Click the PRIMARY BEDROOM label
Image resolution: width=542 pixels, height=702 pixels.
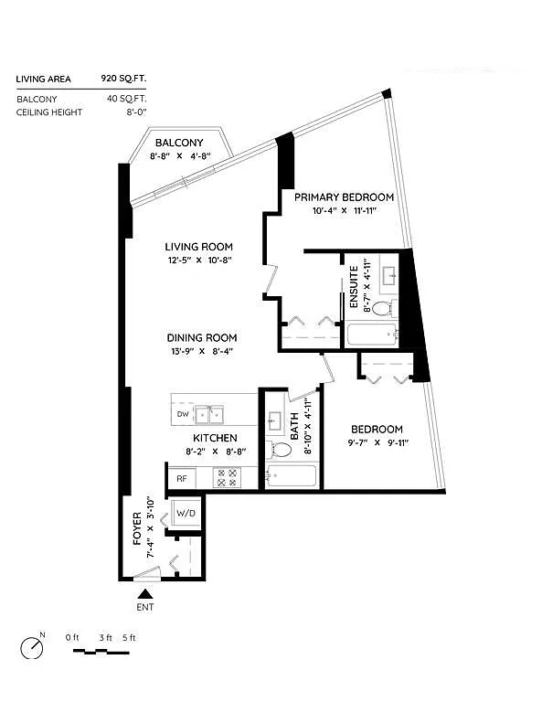click(x=344, y=197)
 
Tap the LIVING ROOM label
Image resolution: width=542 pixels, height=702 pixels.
click(x=199, y=246)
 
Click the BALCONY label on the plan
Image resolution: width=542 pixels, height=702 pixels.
click(x=179, y=143)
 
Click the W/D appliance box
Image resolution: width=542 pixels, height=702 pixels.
click(x=186, y=514)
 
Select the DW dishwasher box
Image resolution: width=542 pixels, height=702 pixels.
click(x=183, y=415)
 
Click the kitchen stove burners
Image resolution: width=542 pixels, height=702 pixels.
click(x=225, y=476)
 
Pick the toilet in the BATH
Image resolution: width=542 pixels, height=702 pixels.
click(x=277, y=449)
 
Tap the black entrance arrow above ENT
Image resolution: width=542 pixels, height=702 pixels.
click(x=144, y=594)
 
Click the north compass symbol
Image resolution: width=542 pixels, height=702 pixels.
click(x=33, y=646)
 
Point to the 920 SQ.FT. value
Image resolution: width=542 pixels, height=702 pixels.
click(x=124, y=80)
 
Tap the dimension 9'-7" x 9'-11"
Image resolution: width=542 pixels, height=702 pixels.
click(x=377, y=443)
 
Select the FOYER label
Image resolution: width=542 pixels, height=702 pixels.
click(x=138, y=529)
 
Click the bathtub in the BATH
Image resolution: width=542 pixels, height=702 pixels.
click(x=291, y=476)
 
